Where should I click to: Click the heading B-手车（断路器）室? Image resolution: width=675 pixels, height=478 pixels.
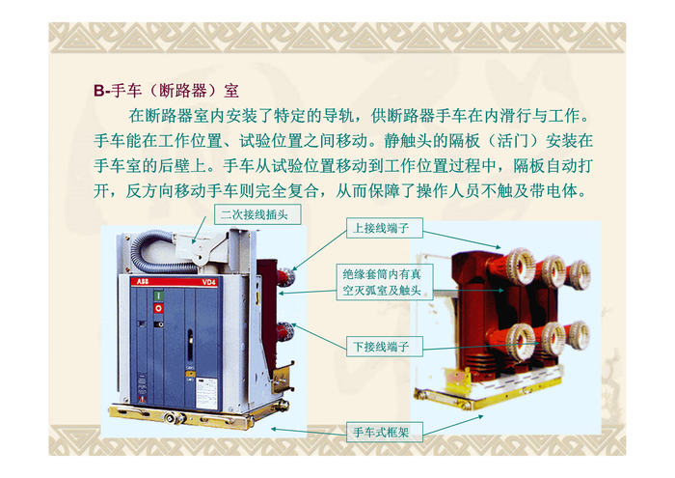pos(166,91)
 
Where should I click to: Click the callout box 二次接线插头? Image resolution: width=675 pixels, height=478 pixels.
pos(257,214)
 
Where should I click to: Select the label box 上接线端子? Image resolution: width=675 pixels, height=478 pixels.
pos(385,228)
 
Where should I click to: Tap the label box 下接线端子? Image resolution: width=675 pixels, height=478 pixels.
pos(385,346)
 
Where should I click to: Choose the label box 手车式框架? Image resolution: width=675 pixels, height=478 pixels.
pos(385,432)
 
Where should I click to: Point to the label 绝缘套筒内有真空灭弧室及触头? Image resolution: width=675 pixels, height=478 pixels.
pos(385,282)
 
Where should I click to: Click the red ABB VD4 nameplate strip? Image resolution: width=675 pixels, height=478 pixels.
pos(175,282)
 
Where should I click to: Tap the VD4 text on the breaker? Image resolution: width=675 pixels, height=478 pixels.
pos(209,282)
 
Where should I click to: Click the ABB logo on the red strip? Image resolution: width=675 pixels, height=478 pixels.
pos(143,282)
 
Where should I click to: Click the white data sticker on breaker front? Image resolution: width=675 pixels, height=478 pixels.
pos(206,393)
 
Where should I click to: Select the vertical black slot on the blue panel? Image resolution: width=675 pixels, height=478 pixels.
pos(189,346)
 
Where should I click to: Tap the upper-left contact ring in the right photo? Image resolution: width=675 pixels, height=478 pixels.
pos(520,266)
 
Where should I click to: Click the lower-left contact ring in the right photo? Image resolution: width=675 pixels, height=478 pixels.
pos(519,342)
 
